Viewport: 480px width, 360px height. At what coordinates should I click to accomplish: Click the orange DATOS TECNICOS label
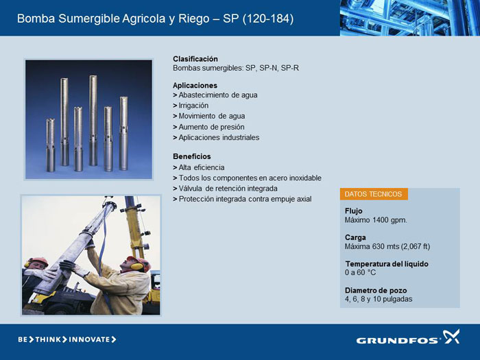[x=374, y=194]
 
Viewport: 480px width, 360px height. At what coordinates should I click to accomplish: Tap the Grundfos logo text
[x=398, y=340]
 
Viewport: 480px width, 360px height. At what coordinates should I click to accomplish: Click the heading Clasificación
[x=195, y=59]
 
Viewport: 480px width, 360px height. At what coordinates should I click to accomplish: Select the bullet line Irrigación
[x=191, y=106]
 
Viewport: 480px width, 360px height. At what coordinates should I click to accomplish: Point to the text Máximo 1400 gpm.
[x=376, y=220]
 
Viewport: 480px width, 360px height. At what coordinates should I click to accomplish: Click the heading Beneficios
[x=191, y=156]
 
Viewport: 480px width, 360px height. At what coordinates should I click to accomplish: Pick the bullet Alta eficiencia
[x=199, y=167]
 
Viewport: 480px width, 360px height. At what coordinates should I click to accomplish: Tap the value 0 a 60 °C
[x=360, y=272]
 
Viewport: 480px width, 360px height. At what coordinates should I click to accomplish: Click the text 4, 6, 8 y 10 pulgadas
[x=379, y=299]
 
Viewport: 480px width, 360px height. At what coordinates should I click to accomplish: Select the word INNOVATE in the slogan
[x=89, y=339]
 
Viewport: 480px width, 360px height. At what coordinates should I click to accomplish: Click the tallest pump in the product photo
[x=93, y=121]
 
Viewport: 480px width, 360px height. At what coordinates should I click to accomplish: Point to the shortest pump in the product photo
[x=51, y=145]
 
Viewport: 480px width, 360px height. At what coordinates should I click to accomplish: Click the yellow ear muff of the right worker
[x=136, y=265]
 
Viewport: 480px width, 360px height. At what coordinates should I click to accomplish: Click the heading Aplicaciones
[x=195, y=86]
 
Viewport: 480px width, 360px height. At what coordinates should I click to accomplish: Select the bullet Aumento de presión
[x=208, y=127]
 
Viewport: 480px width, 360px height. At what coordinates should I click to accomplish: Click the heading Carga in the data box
[x=355, y=237]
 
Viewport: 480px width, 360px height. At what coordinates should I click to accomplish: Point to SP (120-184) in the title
[x=258, y=19]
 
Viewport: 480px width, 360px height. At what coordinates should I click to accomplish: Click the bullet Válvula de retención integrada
[x=226, y=189]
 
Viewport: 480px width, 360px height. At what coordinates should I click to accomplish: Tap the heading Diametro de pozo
[x=376, y=290]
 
